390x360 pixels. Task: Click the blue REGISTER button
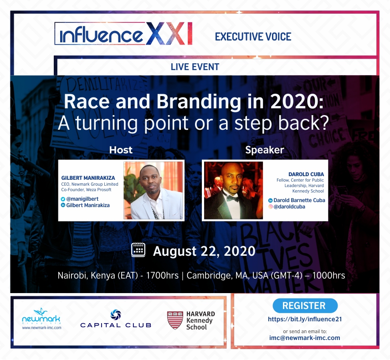[305, 305]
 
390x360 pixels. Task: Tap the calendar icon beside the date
[138, 250]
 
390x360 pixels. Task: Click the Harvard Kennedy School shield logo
[175, 320]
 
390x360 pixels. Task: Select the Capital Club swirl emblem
[116, 315]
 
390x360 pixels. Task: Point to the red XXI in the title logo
[169, 33]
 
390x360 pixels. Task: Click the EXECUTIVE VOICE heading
[253, 37]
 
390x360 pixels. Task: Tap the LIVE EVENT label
[195, 67]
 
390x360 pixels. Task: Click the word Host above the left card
[121, 150]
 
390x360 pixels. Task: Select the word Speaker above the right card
[265, 150]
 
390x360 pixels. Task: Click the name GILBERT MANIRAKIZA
[88, 178]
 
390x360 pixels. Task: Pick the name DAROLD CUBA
[306, 174]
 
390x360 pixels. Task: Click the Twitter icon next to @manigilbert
[63, 199]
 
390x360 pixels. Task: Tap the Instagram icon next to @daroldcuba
[270, 207]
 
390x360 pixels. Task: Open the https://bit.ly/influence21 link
[305, 319]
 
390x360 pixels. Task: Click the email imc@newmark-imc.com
[305, 338]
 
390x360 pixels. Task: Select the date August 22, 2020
[204, 251]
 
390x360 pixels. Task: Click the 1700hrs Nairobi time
[162, 275]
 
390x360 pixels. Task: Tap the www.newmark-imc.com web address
[41, 328]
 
